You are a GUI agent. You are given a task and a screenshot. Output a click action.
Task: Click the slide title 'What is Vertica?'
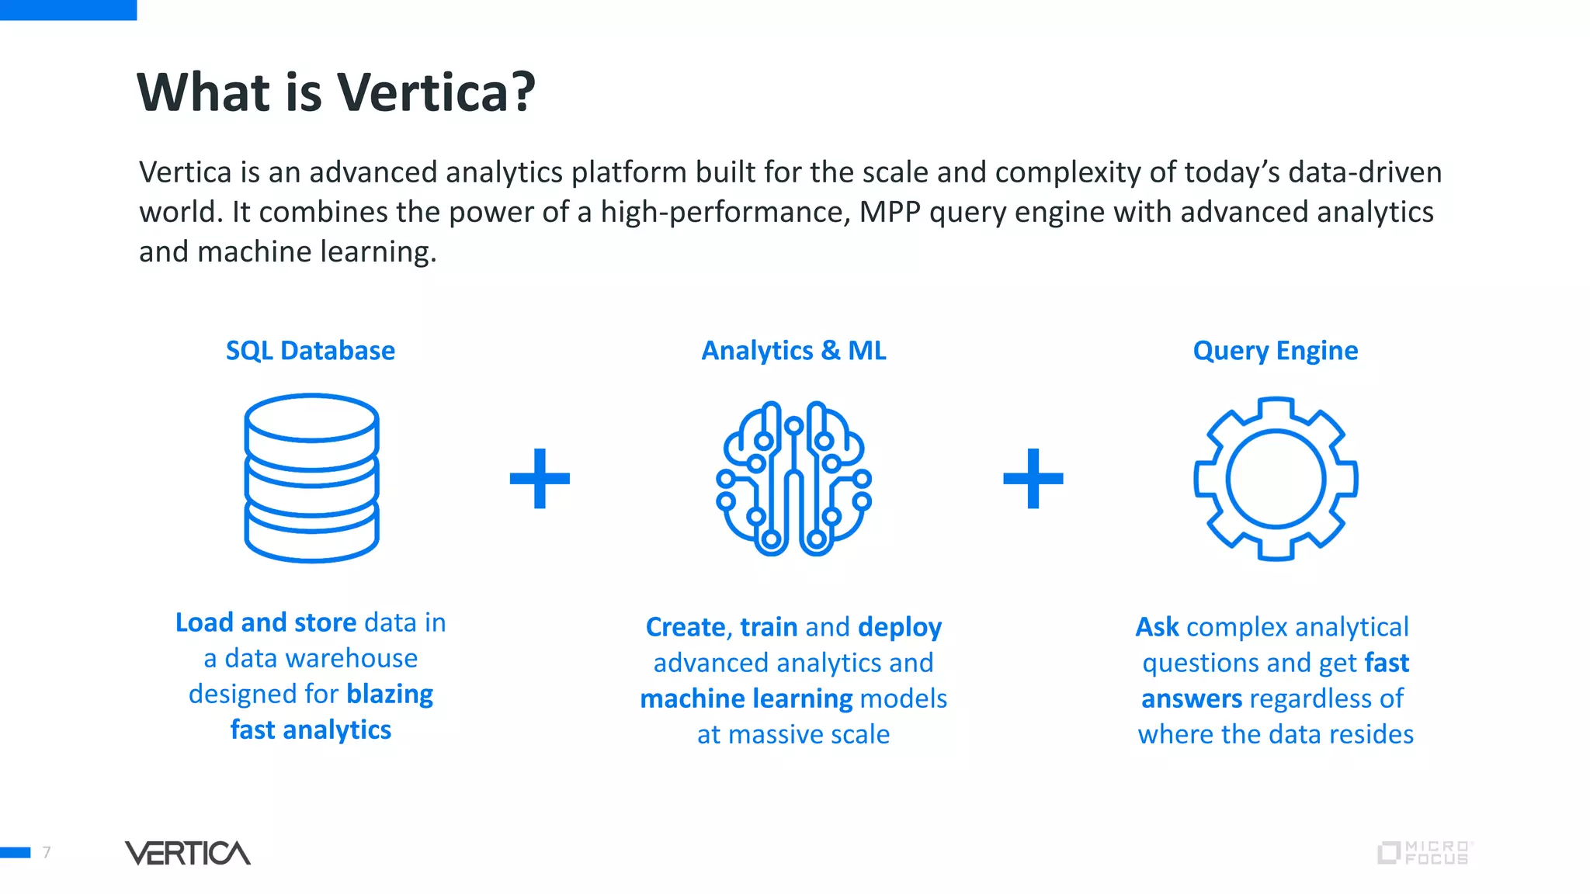tap(335, 92)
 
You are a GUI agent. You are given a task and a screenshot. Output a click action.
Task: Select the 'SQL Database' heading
tap(311, 351)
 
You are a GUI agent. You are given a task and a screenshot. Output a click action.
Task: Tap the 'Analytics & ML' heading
tap(793, 351)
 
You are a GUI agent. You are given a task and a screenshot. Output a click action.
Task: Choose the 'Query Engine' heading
tap(1275, 351)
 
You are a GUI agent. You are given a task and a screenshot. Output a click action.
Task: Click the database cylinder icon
tap(311, 477)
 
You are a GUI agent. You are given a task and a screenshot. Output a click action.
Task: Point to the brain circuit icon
tap(793, 478)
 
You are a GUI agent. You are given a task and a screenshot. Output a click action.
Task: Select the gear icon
tap(1276, 478)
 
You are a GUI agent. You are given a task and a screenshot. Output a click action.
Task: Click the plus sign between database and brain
tap(540, 478)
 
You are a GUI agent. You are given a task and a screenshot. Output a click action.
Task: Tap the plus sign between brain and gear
tap(1033, 478)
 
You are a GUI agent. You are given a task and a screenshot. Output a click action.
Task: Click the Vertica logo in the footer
tap(188, 853)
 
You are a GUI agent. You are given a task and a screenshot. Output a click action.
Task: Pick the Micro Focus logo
tap(1425, 853)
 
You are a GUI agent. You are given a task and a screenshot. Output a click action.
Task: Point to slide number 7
tap(47, 852)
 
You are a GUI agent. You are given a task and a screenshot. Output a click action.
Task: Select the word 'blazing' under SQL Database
tap(390, 694)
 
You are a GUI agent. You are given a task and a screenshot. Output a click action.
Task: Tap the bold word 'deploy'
tap(900, 627)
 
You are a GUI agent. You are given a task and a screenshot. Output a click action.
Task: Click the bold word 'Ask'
tap(1157, 627)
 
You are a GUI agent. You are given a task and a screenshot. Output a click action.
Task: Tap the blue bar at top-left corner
tap(68, 9)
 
